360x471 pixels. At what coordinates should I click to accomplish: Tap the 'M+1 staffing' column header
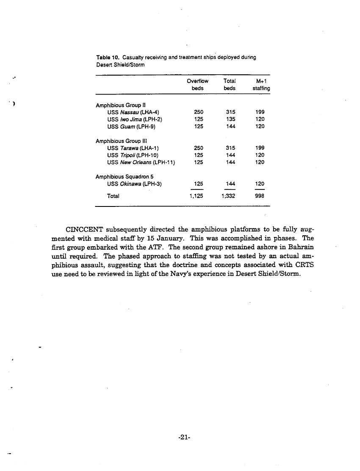tap(261, 84)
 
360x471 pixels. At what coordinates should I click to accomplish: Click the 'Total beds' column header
tap(229, 84)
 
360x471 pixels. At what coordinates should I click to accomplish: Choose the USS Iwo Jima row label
tap(135, 119)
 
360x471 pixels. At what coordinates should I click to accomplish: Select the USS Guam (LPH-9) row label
tap(133, 126)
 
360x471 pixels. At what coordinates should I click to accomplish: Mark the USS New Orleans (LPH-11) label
tap(141, 162)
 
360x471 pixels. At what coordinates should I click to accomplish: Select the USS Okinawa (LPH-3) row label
tap(135, 184)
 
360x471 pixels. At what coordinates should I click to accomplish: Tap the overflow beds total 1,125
tap(196, 196)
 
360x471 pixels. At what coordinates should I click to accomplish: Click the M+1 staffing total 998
tap(260, 196)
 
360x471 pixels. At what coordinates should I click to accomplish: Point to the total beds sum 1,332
tap(229, 196)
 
